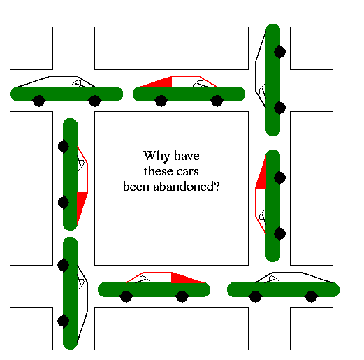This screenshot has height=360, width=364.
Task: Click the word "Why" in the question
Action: click(156, 156)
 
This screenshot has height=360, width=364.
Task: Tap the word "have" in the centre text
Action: click(187, 156)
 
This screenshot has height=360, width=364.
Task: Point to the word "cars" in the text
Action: click(188, 172)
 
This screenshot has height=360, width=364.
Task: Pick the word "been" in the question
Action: click(136, 187)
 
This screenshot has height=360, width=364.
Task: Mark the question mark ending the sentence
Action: click(217, 186)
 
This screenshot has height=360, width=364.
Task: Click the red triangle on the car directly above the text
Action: click(155, 82)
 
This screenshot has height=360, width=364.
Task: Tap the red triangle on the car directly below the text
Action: click(188, 278)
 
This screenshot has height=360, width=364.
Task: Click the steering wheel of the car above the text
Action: click(199, 84)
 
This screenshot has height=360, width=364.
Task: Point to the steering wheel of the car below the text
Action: click(144, 280)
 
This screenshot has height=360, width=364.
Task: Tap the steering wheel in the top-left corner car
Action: click(77, 84)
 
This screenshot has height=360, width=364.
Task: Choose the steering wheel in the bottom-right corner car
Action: click(273, 280)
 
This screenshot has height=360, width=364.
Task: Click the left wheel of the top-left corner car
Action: click(38, 101)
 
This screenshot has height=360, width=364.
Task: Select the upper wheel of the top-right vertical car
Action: click(279, 52)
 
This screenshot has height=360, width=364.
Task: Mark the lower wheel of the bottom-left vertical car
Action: click(64, 321)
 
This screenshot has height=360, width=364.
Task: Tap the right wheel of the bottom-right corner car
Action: click(311, 296)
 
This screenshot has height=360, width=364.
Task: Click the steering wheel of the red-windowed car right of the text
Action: click(263, 217)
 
